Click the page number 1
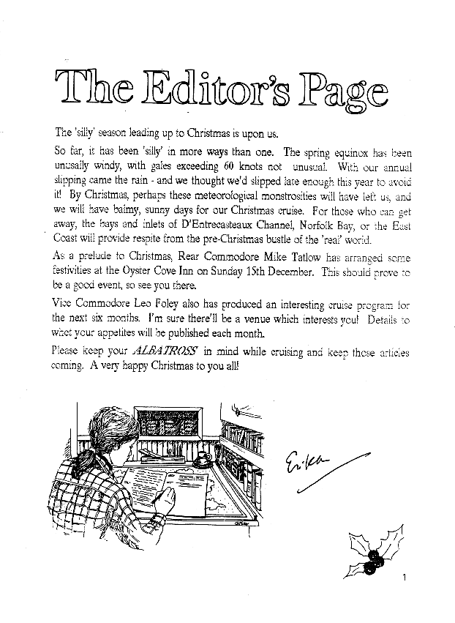403,578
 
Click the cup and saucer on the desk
201,461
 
